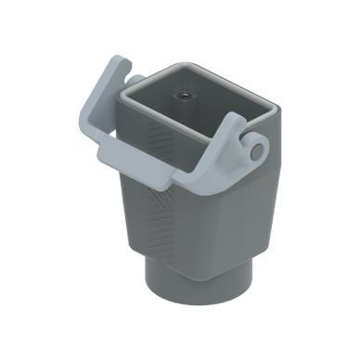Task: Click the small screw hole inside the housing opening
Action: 186,96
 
